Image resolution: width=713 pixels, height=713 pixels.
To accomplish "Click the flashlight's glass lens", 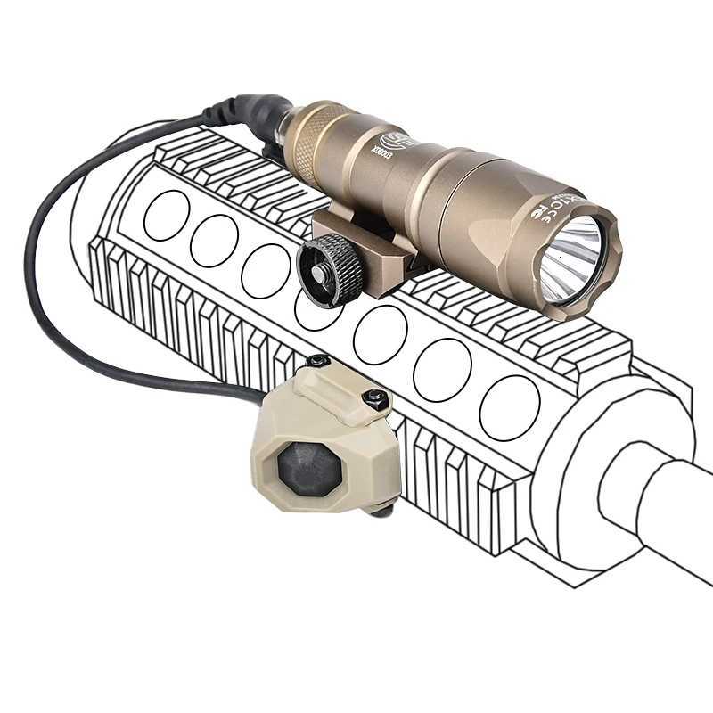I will (571, 258).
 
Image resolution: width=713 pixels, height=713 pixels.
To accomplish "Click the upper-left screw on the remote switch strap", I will (317, 361).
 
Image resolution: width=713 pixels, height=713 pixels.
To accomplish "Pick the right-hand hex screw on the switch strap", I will (377, 397).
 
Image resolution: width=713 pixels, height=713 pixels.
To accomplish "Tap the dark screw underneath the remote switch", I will (385, 509).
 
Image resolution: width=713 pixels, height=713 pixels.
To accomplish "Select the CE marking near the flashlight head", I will (545, 209).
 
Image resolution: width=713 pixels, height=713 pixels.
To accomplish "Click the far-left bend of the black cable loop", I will (29, 267).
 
